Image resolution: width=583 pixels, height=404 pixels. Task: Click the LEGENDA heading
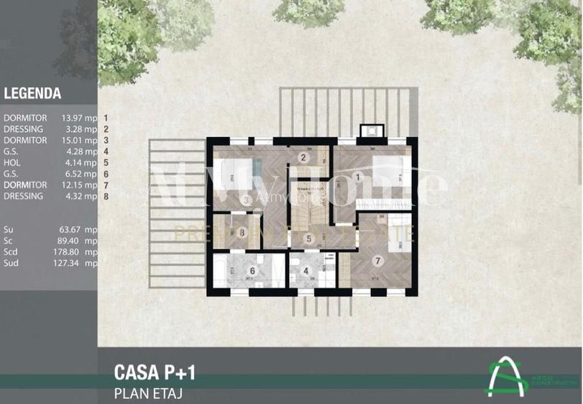tap(32, 93)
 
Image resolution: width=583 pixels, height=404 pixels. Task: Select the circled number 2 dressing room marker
tap(303, 158)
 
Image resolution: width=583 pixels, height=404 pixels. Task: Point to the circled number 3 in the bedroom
tap(246, 200)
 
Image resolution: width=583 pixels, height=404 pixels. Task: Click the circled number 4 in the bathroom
tap(307, 272)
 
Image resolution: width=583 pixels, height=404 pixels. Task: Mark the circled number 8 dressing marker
tap(243, 232)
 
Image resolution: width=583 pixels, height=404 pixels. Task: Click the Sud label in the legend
tap(11, 263)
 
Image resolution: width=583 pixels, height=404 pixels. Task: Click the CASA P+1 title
tap(155, 372)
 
